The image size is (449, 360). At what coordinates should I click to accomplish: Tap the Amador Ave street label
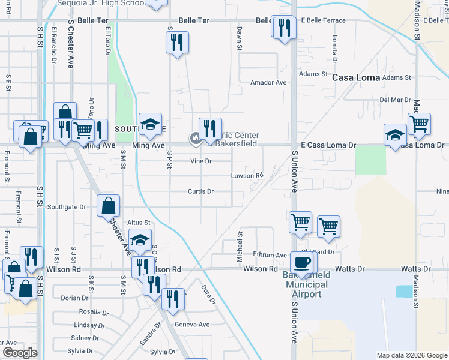pos(268,82)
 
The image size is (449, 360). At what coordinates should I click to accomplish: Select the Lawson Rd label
pos(247,176)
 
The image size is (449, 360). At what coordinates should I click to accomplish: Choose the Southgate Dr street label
pos(67,207)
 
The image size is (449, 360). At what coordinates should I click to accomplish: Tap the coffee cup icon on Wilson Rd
pos(301,262)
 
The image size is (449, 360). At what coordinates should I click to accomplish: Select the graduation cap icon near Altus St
pos(140,241)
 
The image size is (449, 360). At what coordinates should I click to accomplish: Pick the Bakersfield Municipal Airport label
pos(306,284)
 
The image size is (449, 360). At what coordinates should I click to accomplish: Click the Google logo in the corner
pos(19,352)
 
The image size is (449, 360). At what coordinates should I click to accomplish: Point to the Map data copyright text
pos(412,355)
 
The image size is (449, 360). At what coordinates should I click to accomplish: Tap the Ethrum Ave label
pos(270,255)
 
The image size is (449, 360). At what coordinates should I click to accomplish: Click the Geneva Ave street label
pos(192,324)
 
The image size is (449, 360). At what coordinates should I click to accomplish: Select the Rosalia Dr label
pos(94,312)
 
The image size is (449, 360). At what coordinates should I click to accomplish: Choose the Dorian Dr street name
pos(74,298)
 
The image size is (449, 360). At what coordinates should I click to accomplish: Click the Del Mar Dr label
pos(394,100)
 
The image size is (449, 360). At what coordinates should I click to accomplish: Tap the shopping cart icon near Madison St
pos(419,124)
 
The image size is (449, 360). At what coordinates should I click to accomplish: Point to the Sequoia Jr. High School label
pos(101,3)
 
